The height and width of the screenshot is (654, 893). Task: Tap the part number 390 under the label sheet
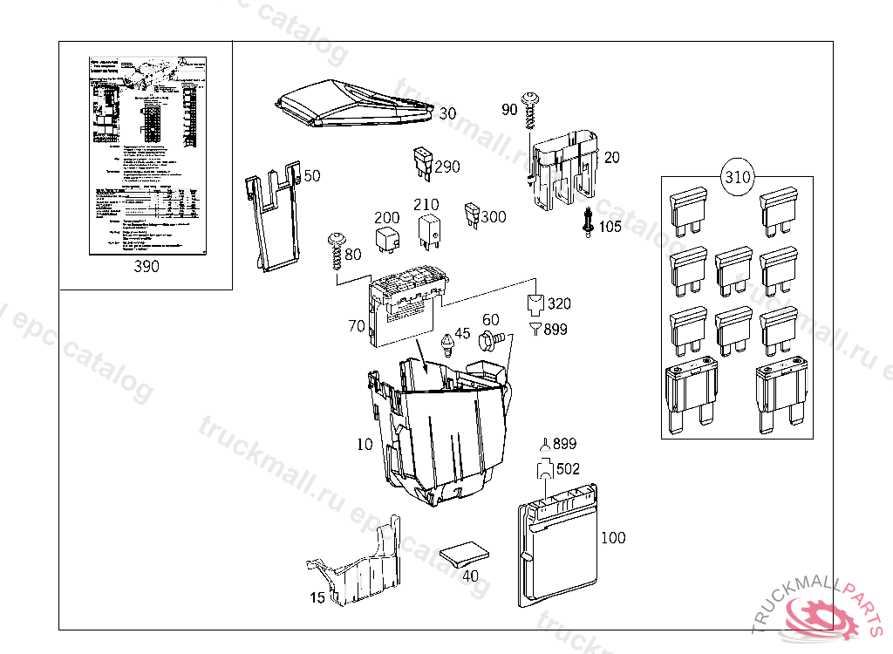pos(147,267)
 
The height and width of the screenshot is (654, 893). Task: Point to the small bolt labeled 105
pos(590,223)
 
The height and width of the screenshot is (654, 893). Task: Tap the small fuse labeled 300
pos(472,214)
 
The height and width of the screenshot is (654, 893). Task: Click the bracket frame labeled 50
pos(275,218)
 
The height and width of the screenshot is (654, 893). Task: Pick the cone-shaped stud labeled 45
pos(449,344)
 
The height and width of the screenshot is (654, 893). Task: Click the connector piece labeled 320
pos(535,304)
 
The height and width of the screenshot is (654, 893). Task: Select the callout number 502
pos(567,468)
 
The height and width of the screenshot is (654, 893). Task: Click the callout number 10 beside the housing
pos(365,445)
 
